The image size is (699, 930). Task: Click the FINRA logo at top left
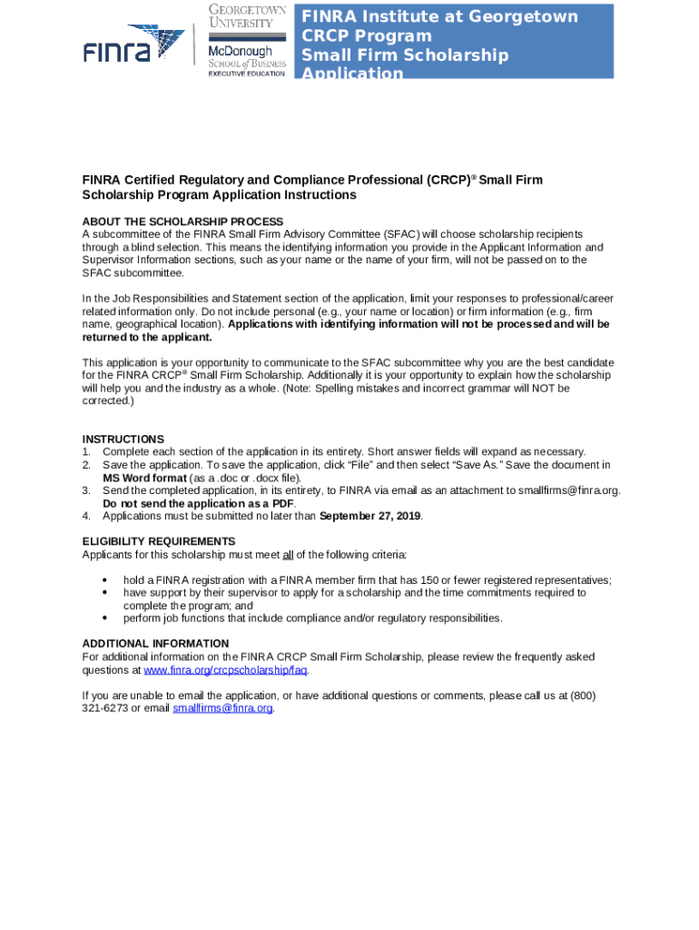click(133, 44)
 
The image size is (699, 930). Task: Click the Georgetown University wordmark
click(247, 16)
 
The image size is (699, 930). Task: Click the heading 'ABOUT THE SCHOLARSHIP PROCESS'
click(182, 222)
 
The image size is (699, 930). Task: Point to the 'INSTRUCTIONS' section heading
click(123, 439)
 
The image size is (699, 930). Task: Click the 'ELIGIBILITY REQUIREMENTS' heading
click(159, 541)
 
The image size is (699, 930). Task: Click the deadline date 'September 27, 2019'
click(370, 516)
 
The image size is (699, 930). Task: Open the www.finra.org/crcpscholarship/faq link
click(226, 670)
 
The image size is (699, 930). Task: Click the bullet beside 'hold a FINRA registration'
click(105, 580)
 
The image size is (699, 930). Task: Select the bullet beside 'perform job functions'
click(105, 618)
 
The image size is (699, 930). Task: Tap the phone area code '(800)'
click(583, 696)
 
